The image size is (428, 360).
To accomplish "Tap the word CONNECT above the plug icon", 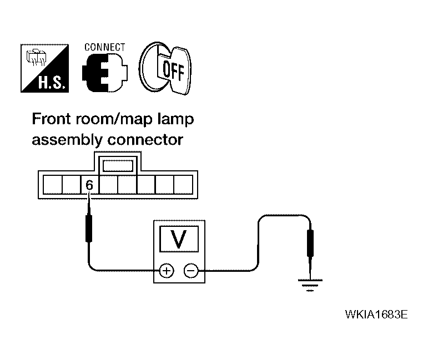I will pos(104,48).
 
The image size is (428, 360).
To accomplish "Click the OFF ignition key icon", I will pos(165,69).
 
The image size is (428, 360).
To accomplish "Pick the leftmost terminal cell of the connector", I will pos(52,185).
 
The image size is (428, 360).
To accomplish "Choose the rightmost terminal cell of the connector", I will pos(183,185).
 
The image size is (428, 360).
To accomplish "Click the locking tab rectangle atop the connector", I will pos(118,165).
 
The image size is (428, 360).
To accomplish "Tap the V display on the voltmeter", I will pos(178,239).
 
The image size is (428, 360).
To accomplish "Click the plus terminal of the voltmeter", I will pos(165,271).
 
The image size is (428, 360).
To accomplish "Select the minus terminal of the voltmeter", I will pos(190,271).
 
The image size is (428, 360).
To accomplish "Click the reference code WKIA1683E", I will pos(376,315).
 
